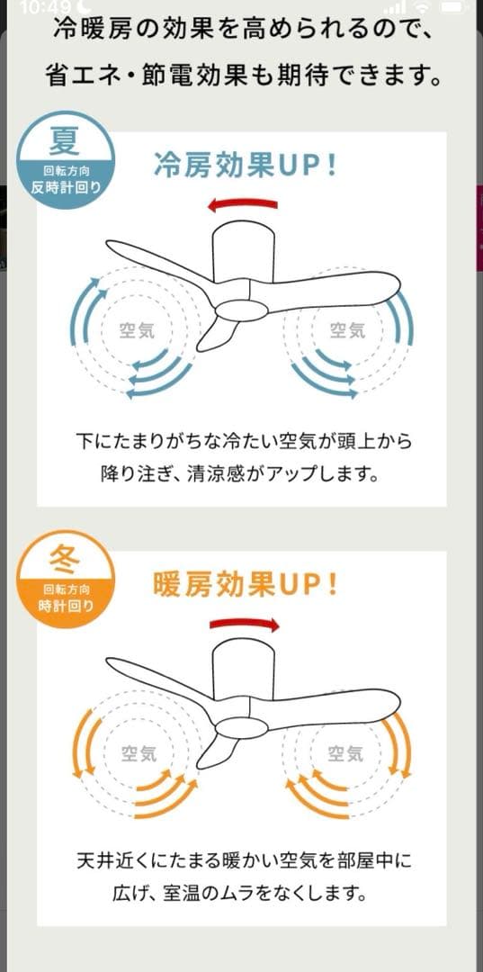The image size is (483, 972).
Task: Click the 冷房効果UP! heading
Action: (x=246, y=166)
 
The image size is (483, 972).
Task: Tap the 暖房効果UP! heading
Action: (x=246, y=586)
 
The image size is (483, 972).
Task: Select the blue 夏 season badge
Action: (x=67, y=158)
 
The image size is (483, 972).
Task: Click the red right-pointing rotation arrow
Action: (x=245, y=624)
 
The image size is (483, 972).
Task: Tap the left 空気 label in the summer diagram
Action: (x=137, y=330)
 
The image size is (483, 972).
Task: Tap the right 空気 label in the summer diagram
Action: (x=347, y=330)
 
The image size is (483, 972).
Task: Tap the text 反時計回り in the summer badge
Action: (x=66, y=186)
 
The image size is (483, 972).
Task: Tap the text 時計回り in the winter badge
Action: (x=66, y=606)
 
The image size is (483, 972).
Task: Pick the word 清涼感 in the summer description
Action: (x=241, y=473)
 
